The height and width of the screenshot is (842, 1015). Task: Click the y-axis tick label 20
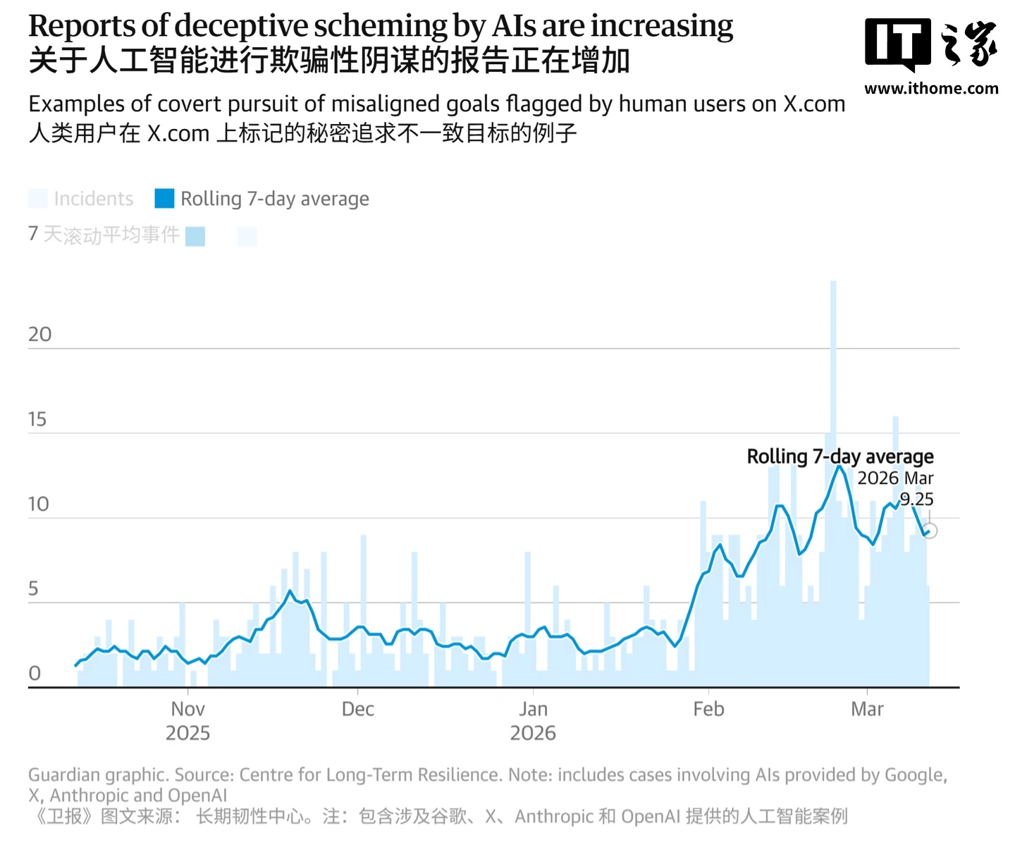tap(39, 334)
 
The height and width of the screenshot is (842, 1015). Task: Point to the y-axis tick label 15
tap(37, 419)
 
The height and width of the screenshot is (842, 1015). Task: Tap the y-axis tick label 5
tap(33, 588)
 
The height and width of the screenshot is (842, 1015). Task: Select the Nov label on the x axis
tap(187, 709)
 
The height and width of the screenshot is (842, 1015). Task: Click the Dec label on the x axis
tap(357, 709)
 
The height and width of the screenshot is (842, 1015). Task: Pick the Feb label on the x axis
tap(708, 709)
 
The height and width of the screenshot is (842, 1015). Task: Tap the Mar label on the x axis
tap(867, 709)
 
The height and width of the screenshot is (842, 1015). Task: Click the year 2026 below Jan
tap(533, 733)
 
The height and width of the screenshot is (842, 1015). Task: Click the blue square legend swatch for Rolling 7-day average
tap(164, 199)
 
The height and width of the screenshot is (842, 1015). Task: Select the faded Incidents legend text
tap(93, 199)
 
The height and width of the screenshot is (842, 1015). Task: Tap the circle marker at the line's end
tap(930, 531)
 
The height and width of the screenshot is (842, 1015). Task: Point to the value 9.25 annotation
tap(916, 500)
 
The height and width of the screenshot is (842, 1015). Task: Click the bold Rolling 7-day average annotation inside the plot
tap(839, 457)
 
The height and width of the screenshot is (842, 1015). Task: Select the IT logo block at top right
tap(897, 44)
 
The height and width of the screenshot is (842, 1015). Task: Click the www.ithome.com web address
tap(931, 89)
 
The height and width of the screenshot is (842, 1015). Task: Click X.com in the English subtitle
tap(814, 104)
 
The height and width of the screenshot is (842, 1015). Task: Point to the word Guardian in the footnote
tap(63, 775)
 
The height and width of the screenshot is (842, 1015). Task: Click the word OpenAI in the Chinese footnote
tap(651, 817)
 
